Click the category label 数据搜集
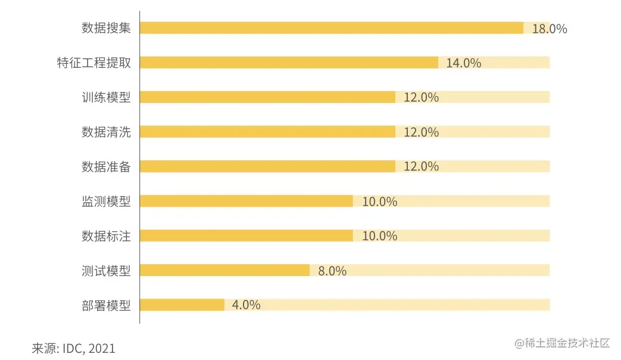(106, 28)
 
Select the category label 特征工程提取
(93, 63)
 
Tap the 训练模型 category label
(106, 98)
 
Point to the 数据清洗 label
(106, 132)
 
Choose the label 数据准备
(106, 167)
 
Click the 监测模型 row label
(106, 201)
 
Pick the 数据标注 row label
(106, 236)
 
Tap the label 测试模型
(106, 271)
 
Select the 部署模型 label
(106, 305)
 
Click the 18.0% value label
(549, 29)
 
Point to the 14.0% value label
(463, 63)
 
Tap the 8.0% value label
(332, 271)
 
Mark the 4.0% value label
(246, 305)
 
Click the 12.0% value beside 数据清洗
(421, 132)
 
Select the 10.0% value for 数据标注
(379, 236)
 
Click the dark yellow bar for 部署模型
(182, 305)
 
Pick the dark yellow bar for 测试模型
(225, 270)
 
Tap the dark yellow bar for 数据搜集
(332, 28)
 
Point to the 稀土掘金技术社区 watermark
(563, 343)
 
